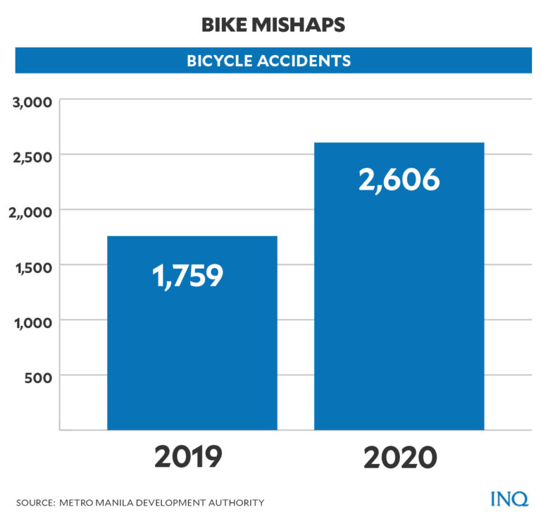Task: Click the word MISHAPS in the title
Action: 300,25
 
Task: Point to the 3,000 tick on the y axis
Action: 33,102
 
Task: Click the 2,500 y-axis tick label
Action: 33,157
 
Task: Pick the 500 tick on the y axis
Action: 39,377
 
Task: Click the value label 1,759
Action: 188,276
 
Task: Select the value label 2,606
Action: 399,181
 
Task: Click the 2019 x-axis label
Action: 188,457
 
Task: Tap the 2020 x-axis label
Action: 400,457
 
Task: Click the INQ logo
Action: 509,499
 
